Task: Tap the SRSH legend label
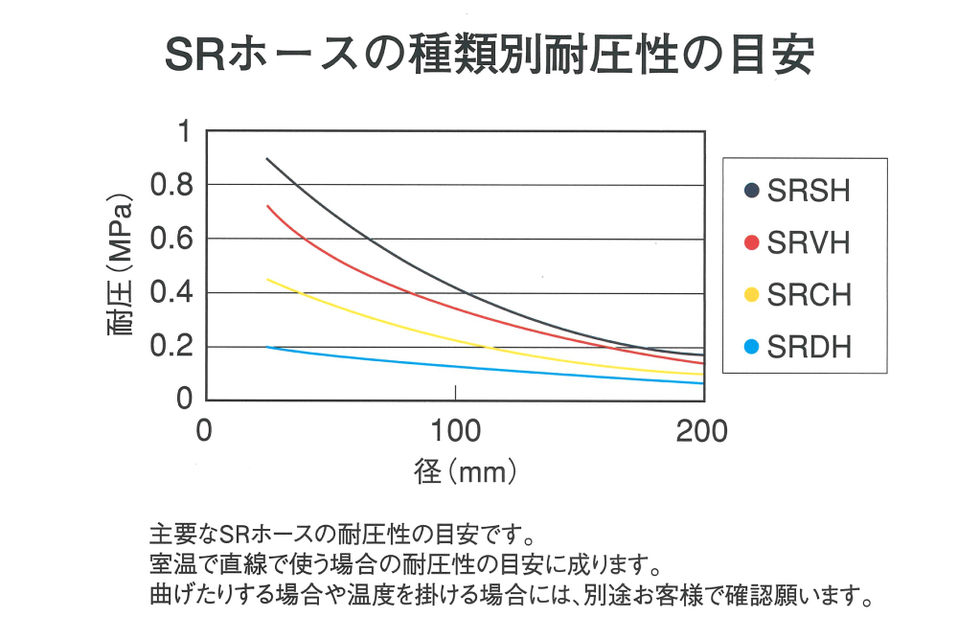point(809,192)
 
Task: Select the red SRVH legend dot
point(751,243)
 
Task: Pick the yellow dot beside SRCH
point(751,295)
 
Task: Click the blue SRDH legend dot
point(751,347)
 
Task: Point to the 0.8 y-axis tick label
point(172,184)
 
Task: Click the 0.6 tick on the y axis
point(172,239)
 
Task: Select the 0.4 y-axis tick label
point(172,292)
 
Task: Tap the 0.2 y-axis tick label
point(172,346)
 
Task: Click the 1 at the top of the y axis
point(184,131)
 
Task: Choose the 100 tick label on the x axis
point(455,430)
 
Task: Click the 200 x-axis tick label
point(702,430)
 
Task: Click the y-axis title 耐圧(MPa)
point(121,265)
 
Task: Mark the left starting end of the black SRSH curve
point(266,158)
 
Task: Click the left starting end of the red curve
point(266,205)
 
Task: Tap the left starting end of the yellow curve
point(266,279)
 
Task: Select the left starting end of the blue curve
point(266,347)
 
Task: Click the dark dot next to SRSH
point(751,192)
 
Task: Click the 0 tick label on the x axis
point(203,430)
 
